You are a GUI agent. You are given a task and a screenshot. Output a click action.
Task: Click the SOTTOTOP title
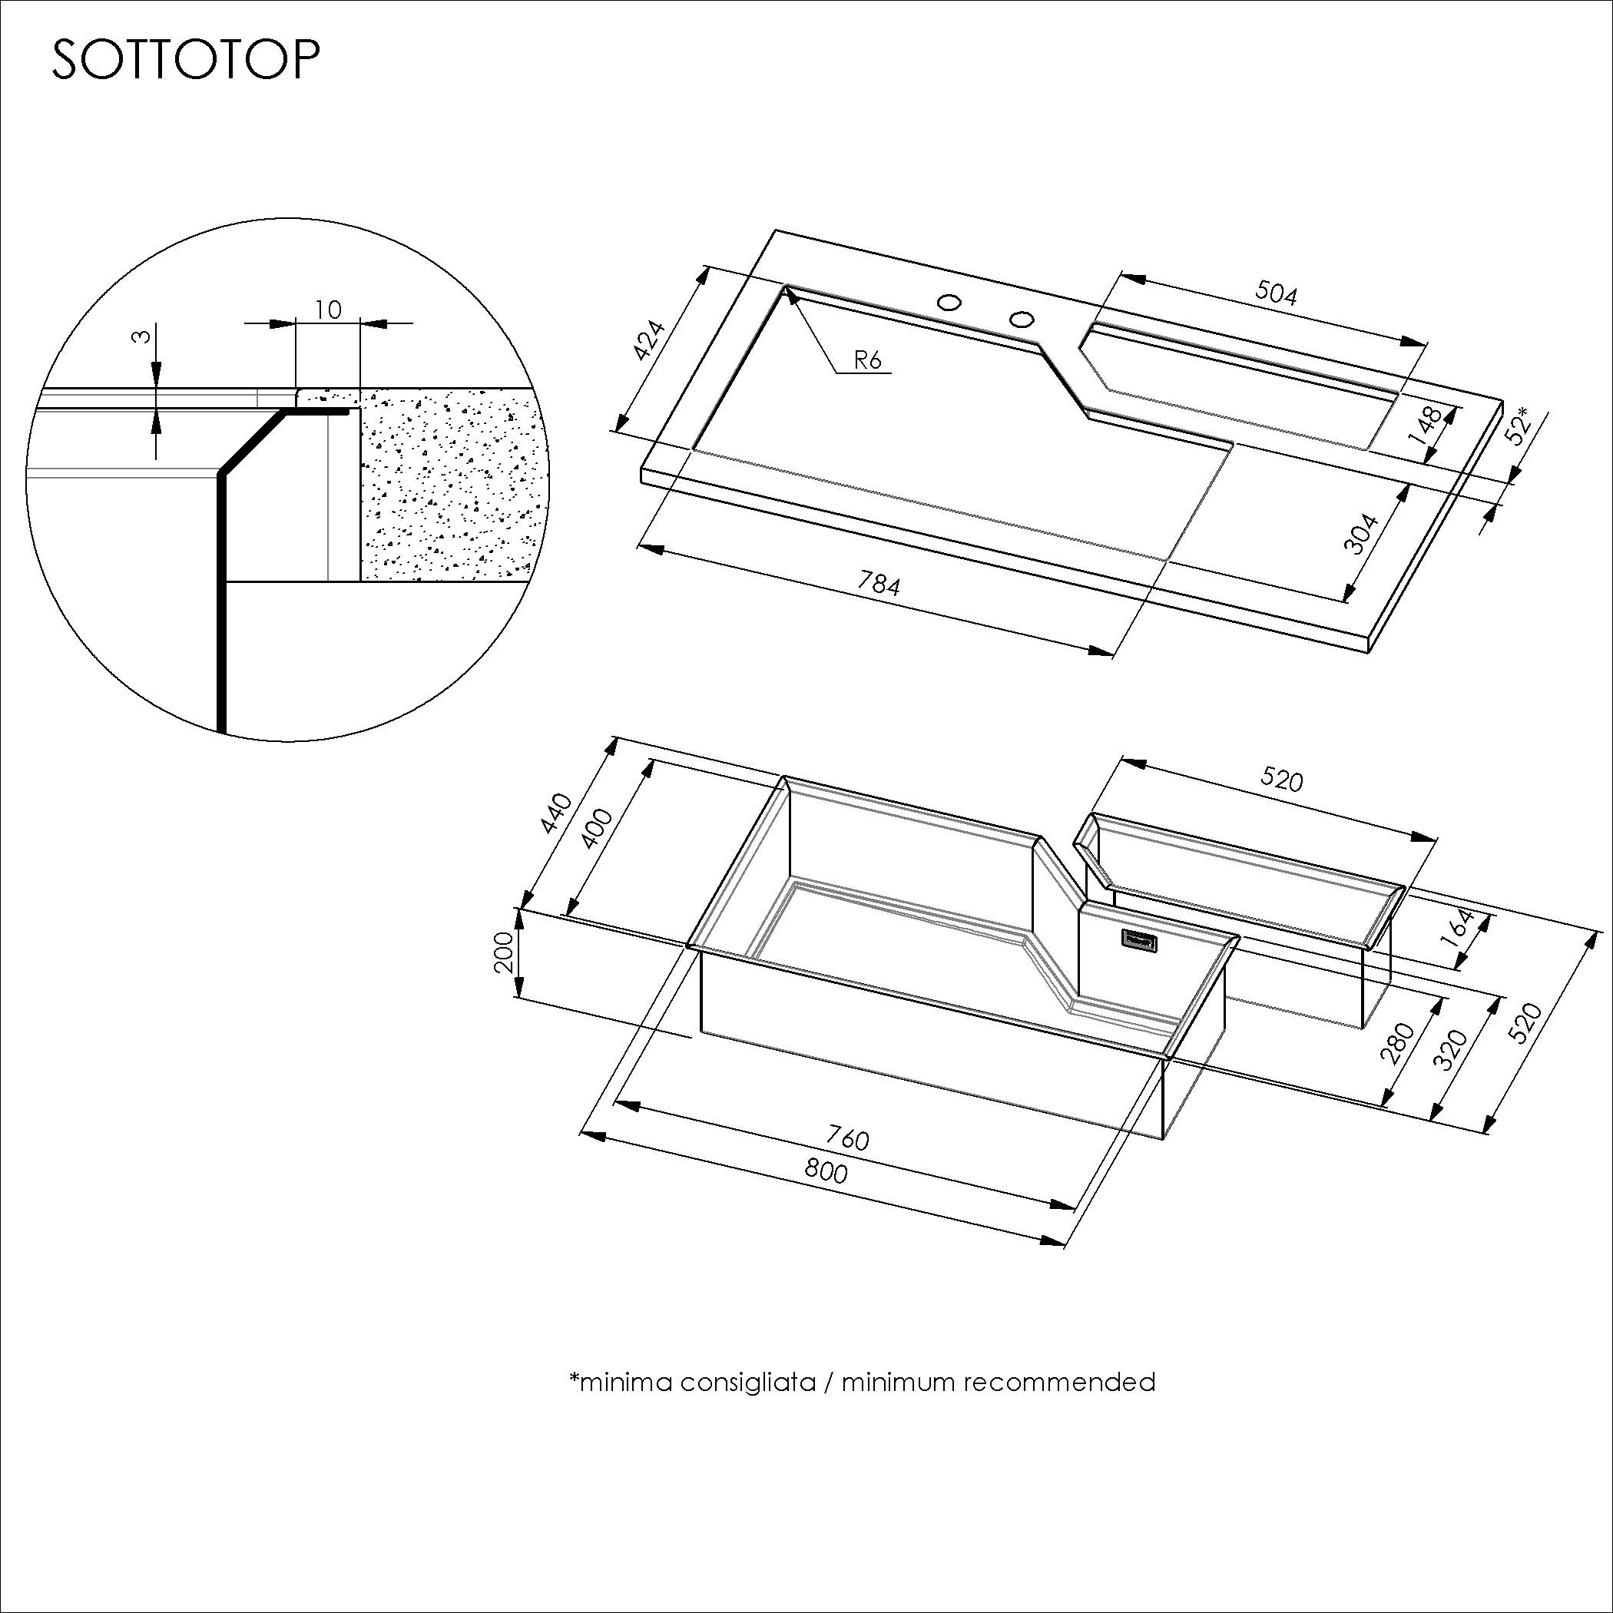pyautogui.click(x=185, y=60)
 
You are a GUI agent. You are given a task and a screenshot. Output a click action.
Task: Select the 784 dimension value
pyautogui.click(x=880, y=584)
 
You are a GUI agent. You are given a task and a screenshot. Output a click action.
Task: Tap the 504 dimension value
pyautogui.click(x=1277, y=293)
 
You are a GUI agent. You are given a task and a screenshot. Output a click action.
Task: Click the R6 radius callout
pyautogui.click(x=867, y=359)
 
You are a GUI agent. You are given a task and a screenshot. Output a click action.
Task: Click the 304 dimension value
pyautogui.click(x=1362, y=532)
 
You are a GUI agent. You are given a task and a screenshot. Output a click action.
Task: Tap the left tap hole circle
pyautogui.click(x=948, y=301)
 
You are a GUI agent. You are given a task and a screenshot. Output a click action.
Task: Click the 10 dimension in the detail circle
pyautogui.click(x=328, y=310)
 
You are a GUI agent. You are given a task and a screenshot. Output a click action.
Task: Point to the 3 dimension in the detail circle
pyautogui.click(x=143, y=336)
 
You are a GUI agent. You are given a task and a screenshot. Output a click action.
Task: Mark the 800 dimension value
pyautogui.click(x=826, y=1171)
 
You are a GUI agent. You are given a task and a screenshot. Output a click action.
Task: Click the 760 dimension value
pyautogui.click(x=847, y=1138)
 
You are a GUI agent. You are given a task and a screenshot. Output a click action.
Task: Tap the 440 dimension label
pyautogui.click(x=555, y=813)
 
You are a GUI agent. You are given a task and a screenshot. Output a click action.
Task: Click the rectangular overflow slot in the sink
pyautogui.click(x=1140, y=940)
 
